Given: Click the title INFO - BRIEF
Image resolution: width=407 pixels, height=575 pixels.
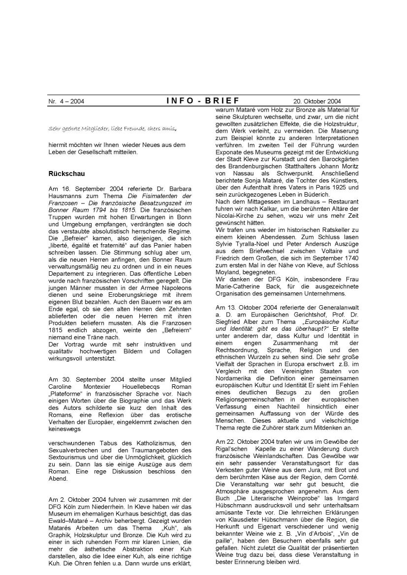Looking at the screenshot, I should pyautogui.click(x=203, y=101).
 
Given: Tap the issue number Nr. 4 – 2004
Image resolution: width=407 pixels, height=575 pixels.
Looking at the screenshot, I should pyautogui.click(x=66, y=102).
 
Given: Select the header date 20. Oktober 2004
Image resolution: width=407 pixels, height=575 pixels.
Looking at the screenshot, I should pyautogui.click(x=318, y=102).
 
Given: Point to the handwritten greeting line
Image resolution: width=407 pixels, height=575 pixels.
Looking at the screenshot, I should pyautogui.click(x=112, y=129).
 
